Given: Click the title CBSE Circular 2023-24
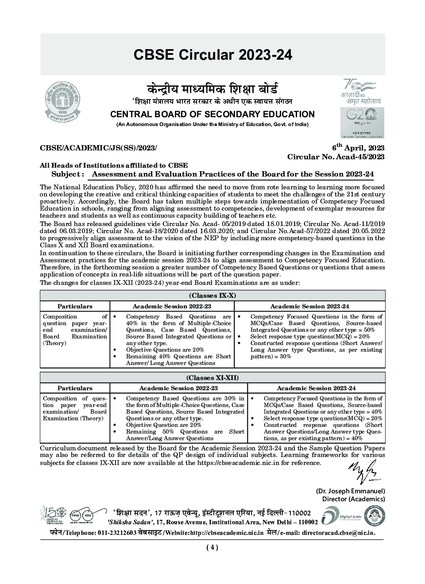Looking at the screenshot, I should pyautogui.click(x=212, y=55).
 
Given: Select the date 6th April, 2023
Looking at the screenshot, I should pyautogui.click(x=358, y=148).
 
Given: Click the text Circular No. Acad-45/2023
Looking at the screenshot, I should pyautogui.click(x=336, y=157).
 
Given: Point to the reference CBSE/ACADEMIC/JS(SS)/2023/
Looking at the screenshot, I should pyautogui.click(x=98, y=148).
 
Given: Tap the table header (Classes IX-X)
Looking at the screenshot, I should pyautogui.click(x=212, y=296).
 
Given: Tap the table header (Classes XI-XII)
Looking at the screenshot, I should pyautogui.click(x=212, y=377).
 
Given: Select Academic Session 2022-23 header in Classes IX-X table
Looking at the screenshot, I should pyautogui.click(x=172, y=306).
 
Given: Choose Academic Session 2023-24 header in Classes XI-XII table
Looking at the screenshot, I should pyautogui.click(x=316, y=388).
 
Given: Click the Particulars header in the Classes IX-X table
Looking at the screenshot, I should pyautogui.click(x=75, y=306).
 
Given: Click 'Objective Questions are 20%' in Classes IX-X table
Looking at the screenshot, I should pyautogui.click(x=165, y=350).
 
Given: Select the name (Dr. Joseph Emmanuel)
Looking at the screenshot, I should pyautogui.click(x=350, y=491).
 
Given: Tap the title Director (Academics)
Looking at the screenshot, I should pyautogui.click(x=353, y=499).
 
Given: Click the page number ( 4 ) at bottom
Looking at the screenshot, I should pyautogui.click(x=212, y=547).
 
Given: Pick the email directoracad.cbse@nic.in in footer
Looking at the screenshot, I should pyautogui.click(x=338, y=533).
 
